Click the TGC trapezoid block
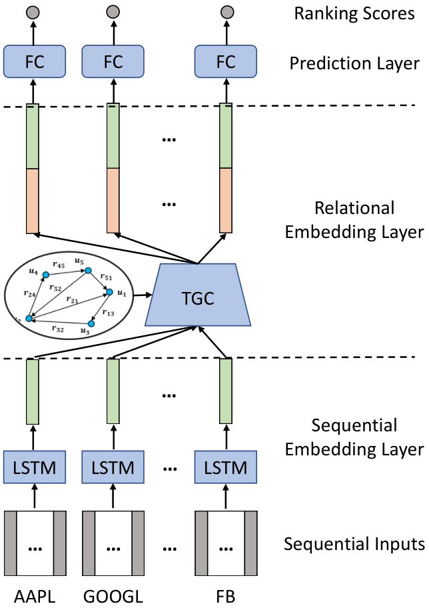pyautogui.click(x=198, y=295)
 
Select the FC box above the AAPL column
pyautogui.click(x=35, y=61)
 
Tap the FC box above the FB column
pyautogui.click(x=226, y=61)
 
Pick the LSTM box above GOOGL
pyautogui.click(x=113, y=467)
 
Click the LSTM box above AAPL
pyautogui.click(x=35, y=467)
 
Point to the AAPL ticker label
pyautogui.click(x=35, y=597)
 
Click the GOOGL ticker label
pyautogui.click(x=113, y=597)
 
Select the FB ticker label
pyautogui.click(x=226, y=597)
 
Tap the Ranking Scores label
pyautogui.click(x=354, y=14)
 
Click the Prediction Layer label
pyautogui.click(x=354, y=63)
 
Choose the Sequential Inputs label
pyautogui.click(x=354, y=544)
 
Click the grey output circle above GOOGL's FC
pyautogui.click(x=113, y=12)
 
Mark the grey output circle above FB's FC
pyautogui.click(x=227, y=12)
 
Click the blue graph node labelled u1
pyautogui.click(x=109, y=292)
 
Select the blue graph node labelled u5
pyautogui.click(x=88, y=271)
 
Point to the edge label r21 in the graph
pyautogui.click(x=72, y=300)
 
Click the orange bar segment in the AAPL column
pyautogui.click(x=32, y=201)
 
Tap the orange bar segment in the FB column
pyautogui.click(x=226, y=201)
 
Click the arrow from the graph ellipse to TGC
pyautogui.click(x=143, y=295)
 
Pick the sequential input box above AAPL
pyautogui.click(x=35, y=543)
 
